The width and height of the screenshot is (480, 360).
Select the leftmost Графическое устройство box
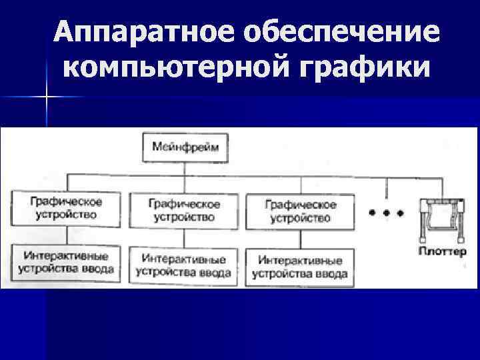65,207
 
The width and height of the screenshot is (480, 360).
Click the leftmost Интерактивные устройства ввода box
65,262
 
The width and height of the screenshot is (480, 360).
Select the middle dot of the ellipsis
386,213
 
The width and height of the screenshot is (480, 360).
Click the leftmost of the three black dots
372,213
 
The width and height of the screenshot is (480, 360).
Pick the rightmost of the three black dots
400,213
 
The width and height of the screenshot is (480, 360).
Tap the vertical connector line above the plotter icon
441,187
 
